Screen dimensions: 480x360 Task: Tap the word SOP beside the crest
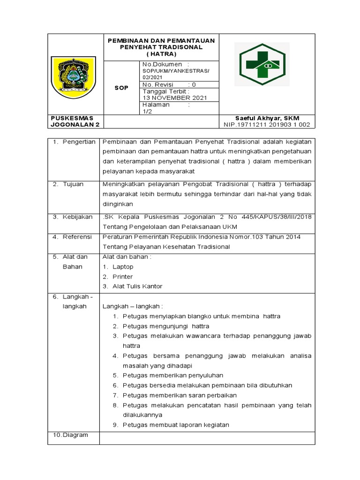[121, 88]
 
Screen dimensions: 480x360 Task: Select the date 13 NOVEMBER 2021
[174, 97]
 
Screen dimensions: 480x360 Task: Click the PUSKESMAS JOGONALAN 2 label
[75, 121]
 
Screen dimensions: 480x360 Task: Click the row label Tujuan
[73, 184]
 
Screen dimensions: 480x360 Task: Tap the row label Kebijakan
[76, 217]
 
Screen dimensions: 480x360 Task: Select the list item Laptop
[123, 267]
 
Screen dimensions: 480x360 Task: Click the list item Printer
[122, 277]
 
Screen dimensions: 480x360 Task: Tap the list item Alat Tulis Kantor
[137, 286]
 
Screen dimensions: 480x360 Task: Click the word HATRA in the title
[161, 54]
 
